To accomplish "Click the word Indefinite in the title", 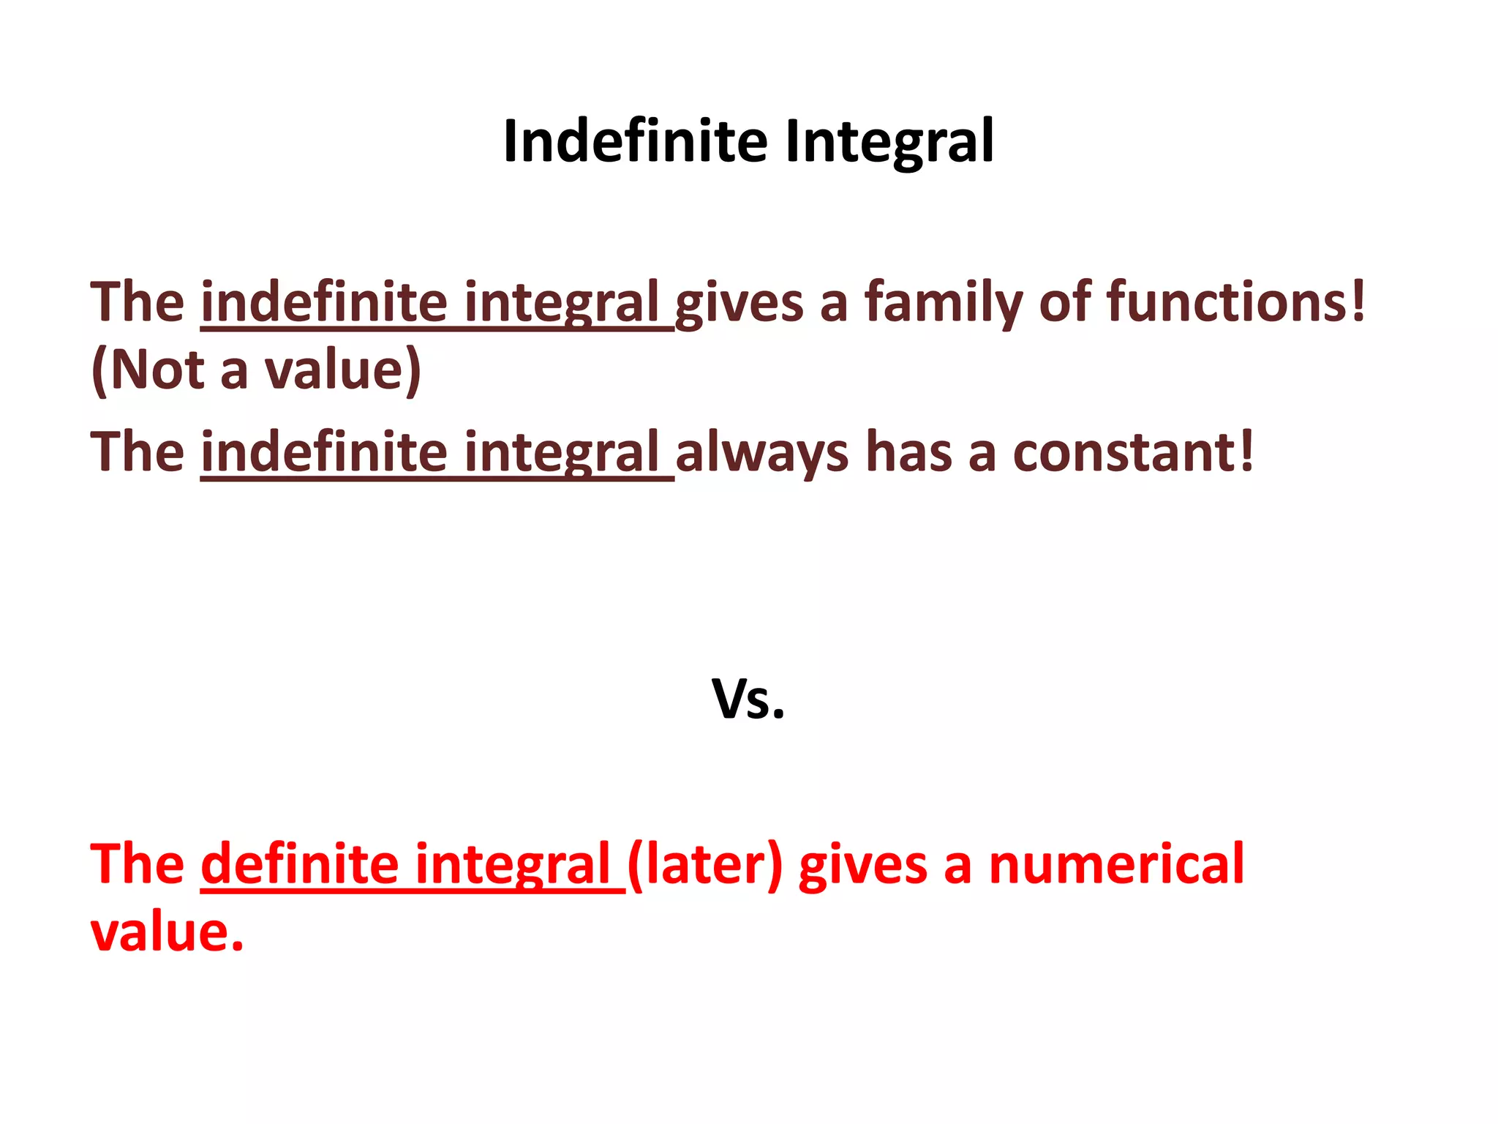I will click(x=635, y=141).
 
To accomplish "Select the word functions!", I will click(x=1235, y=301).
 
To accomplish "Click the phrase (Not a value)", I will click(x=256, y=370).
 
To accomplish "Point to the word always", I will click(x=761, y=452).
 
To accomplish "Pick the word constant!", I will click(x=1133, y=452).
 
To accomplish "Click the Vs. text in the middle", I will click(x=748, y=699).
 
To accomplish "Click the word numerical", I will click(x=1116, y=864).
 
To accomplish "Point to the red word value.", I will click(x=167, y=932).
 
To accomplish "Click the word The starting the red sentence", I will click(x=138, y=864).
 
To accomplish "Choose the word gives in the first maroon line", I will click(x=739, y=303).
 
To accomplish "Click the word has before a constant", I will click(x=908, y=452).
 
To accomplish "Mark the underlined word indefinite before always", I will click(x=324, y=452).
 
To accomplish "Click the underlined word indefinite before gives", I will click(x=324, y=301).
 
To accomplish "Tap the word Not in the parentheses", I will click(x=157, y=370).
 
